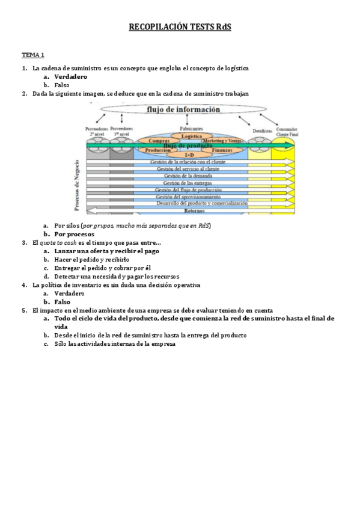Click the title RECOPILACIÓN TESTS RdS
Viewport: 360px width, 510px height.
point(180,27)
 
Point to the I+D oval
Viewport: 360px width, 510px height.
point(189,155)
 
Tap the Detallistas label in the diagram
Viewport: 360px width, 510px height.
point(262,130)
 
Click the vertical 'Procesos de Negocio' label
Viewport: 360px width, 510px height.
point(76,185)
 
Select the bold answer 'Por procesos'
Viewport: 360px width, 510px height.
point(74,233)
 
